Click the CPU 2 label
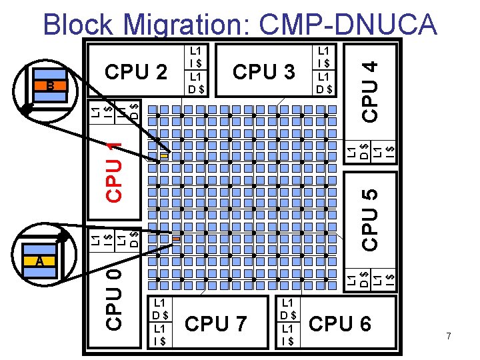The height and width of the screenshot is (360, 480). pos(137,71)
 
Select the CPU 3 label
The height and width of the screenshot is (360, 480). pos(264,71)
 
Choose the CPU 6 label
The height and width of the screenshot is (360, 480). pos(339,324)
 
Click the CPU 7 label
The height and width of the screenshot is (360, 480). pos(216,324)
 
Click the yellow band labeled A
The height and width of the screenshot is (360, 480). pos(40,261)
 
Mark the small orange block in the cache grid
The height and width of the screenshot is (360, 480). pos(176,238)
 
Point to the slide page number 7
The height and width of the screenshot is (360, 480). pos(449,337)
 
